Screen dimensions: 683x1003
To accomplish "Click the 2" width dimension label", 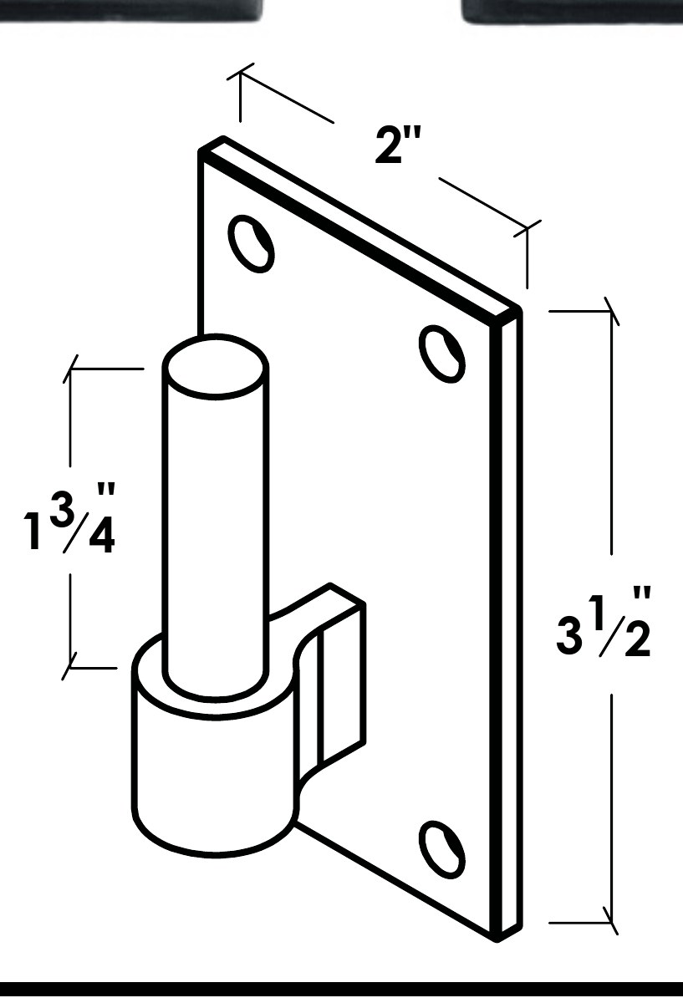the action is click(x=398, y=145).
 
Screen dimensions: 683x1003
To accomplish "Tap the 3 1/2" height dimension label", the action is click(x=603, y=623).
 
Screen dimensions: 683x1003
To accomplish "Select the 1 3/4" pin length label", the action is click(x=69, y=518).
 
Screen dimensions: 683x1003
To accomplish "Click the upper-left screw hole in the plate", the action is click(x=252, y=243).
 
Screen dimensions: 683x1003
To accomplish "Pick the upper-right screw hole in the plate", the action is click(x=442, y=354).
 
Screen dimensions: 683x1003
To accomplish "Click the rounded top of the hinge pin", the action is click(x=216, y=366).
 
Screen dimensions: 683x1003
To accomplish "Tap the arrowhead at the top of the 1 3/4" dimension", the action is click(x=70, y=369).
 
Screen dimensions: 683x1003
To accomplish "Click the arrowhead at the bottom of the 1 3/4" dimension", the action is click(x=70, y=668).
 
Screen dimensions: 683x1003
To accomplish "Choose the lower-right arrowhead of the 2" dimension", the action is click(x=528, y=229).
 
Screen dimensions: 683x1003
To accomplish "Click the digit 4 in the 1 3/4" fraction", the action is click(x=102, y=536).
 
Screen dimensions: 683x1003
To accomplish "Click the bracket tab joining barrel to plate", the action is click(x=331, y=675).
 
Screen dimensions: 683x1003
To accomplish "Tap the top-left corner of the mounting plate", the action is click(x=200, y=151).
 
